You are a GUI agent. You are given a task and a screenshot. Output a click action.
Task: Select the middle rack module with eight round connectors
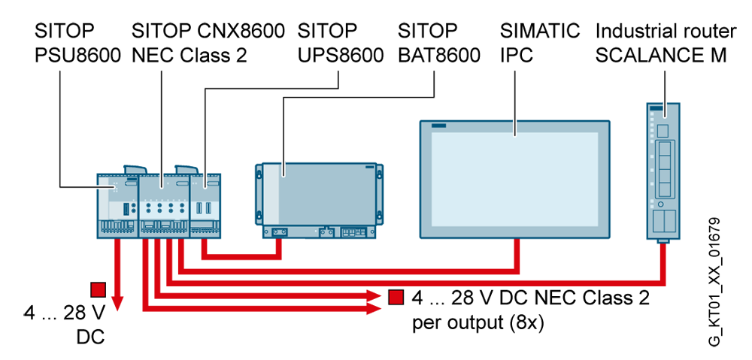(x=164, y=203)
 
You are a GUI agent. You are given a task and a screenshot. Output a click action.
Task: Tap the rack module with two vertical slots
(x=202, y=203)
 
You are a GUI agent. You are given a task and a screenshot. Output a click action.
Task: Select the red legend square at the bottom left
(x=98, y=289)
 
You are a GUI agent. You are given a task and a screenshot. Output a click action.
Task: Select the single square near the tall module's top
(x=663, y=132)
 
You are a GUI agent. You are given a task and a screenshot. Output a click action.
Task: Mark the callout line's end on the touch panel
(x=514, y=135)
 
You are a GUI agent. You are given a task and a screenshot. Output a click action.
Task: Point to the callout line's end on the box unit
(x=284, y=175)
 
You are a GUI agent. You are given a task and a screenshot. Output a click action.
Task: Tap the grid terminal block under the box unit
(x=352, y=232)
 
